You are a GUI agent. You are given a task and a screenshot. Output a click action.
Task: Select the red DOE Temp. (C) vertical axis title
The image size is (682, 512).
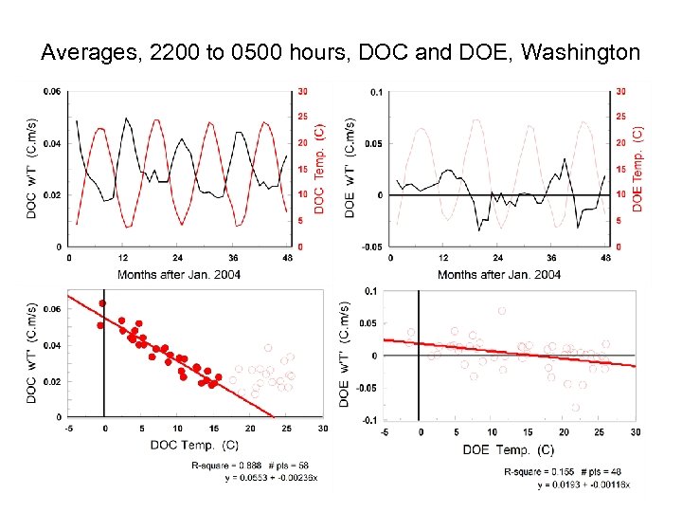637,169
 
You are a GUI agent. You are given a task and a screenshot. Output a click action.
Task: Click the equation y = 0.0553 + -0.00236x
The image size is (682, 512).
272,477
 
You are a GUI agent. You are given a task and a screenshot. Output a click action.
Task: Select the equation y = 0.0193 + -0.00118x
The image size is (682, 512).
583,485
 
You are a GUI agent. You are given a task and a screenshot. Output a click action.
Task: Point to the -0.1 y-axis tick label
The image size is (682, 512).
369,420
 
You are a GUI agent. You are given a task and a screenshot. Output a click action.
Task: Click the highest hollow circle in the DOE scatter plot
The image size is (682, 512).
501,310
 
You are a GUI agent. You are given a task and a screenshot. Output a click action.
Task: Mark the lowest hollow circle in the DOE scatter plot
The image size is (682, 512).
575,408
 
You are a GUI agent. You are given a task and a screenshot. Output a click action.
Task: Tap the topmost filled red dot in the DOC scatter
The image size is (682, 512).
102,304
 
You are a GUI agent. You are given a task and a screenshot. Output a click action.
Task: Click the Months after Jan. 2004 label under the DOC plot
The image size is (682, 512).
178,274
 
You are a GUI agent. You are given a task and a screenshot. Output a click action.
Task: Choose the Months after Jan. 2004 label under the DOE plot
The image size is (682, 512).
499,274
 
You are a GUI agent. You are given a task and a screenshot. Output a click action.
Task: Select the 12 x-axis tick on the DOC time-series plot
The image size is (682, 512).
123,257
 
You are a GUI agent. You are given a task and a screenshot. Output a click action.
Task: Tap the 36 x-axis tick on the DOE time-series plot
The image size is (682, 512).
552,257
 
